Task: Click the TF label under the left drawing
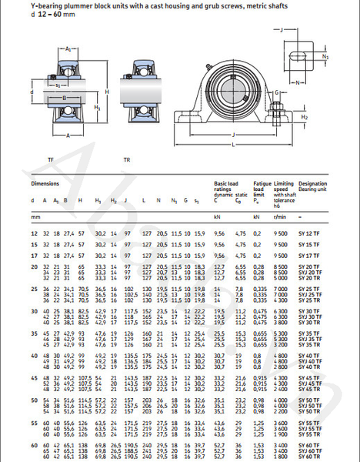point(51,159)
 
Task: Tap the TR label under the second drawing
point(127,159)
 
